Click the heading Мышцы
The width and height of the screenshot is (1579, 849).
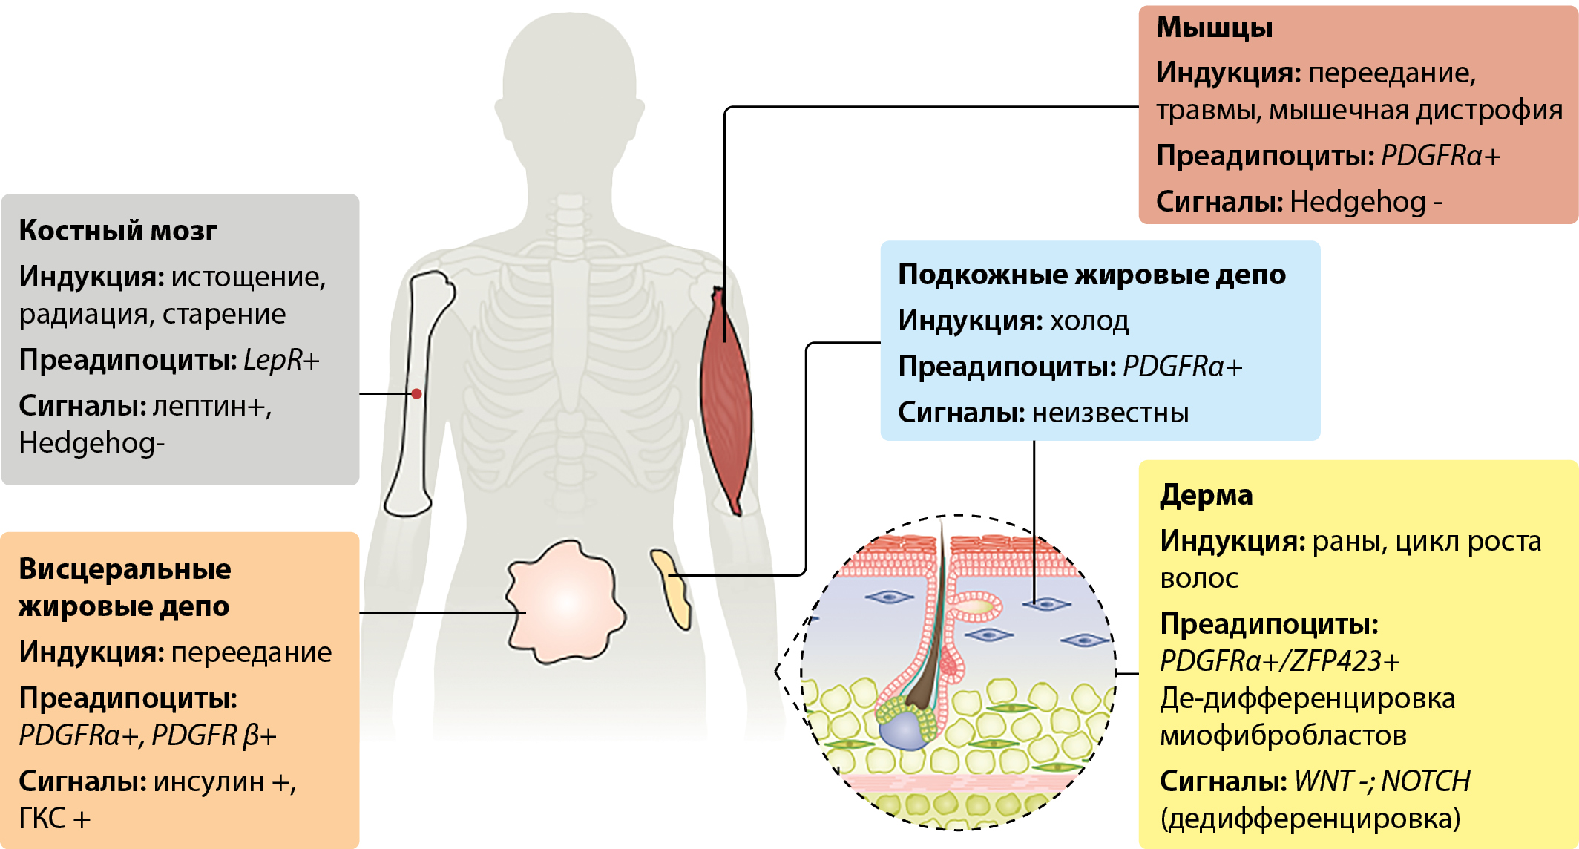point(1214,27)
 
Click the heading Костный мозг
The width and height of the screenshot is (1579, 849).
point(117,231)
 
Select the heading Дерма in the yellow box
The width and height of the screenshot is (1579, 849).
point(1206,495)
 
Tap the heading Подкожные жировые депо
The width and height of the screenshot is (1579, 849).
point(1091,275)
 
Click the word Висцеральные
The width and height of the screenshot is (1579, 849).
point(125,569)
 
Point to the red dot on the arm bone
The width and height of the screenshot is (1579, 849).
point(417,393)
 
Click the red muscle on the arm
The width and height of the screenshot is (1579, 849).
point(726,401)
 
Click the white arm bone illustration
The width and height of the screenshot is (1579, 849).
point(416,445)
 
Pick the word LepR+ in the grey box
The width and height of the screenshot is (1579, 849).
point(280,360)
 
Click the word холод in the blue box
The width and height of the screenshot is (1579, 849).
point(1089,321)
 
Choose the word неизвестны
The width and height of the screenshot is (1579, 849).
point(1110,413)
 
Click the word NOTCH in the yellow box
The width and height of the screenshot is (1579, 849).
point(1425,781)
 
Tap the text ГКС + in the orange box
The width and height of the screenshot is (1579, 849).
point(54,819)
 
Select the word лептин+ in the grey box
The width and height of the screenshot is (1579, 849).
point(212,406)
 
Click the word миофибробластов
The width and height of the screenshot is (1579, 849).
point(1283,735)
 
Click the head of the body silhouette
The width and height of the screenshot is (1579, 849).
point(570,67)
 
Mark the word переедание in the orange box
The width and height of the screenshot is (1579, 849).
point(252,652)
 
